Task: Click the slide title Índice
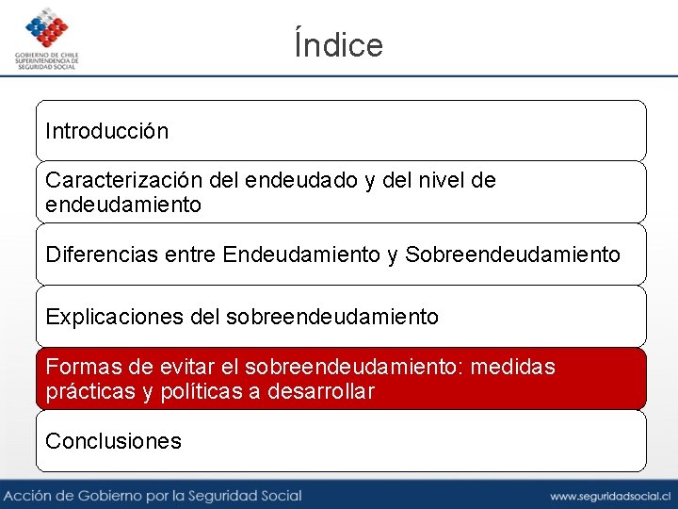pyautogui.click(x=339, y=44)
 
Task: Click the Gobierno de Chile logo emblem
pyautogui.click(x=47, y=29)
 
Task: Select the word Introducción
pyautogui.click(x=107, y=131)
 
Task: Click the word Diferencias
pyautogui.click(x=104, y=254)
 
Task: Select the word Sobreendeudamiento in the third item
pyautogui.click(x=512, y=254)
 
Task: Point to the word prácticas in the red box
pyautogui.click(x=89, y=391)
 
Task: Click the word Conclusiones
pyautogui.click(x=113, y=441)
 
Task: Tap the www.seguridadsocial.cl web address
pyautogui.click(x=609, y=496)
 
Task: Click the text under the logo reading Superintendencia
pyautogui.click(x=47, y=60)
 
